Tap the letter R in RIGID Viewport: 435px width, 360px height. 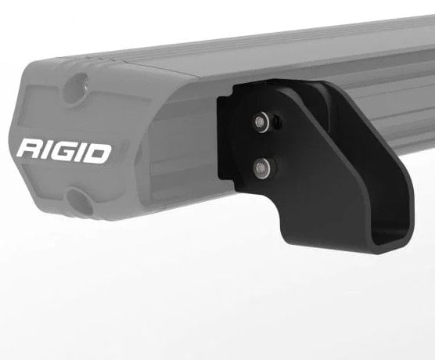tap(34, 149)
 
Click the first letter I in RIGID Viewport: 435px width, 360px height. tap(52, 150)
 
